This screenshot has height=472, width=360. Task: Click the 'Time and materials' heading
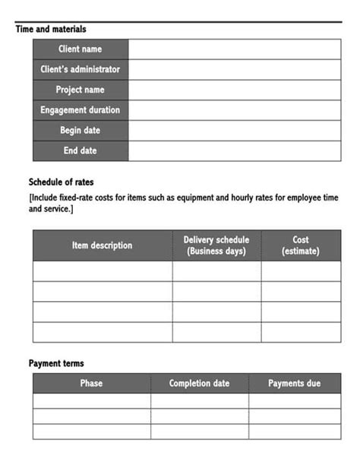[x=51, y=29]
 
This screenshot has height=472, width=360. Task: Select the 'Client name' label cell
[x=80, y=49]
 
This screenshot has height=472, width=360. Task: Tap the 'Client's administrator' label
[x=80, y=69]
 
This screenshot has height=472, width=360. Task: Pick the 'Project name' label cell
[x=80, y=90]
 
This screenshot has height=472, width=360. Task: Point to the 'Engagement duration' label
[x=80, y=110]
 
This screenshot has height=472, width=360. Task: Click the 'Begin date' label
[x=80, y=130]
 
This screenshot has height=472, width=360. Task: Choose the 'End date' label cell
[x=80, y=150]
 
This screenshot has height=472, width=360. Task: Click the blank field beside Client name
[x=235, y=49]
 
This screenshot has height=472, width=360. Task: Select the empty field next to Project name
[x=235, y=90]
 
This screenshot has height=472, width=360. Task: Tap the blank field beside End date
[x=235, y=150]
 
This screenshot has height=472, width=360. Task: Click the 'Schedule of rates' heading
[x=62, y=182]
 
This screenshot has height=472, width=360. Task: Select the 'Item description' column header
[x=102, y=246]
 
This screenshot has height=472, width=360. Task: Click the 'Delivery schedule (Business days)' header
[x=216, y=246]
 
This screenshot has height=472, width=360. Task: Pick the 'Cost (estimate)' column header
[x=301, y=246]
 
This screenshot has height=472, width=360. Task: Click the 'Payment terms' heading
[x=56, y=363]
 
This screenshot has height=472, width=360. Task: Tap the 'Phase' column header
[x=91, y=383]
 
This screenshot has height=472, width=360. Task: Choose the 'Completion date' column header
[x=199, y=383]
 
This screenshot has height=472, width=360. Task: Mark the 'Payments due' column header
[x=295, y=383]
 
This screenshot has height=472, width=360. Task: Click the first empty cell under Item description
[x=102, y=271]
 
